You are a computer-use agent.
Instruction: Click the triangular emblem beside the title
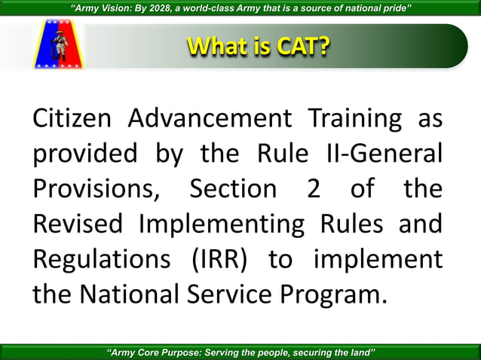[x=56, y=45]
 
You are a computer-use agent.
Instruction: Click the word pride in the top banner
[x=394, y=8]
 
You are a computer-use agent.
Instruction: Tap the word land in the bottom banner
[x=360, y=352]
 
